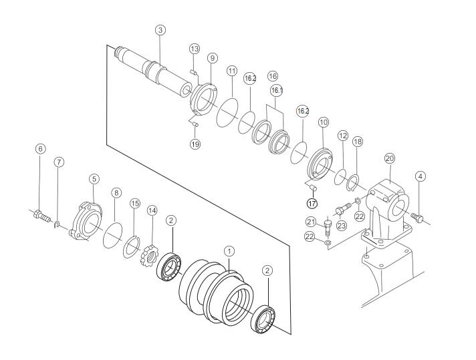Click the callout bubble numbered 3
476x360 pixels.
click(x=160, y=30)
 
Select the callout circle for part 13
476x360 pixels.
click(x=195, y=49)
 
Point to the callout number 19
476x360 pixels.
click(x=195, y=144)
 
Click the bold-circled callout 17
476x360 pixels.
click(x=312, y=203)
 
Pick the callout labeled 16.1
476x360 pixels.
click(x=277, y=89)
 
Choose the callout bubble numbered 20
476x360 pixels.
click(x=390, y=158)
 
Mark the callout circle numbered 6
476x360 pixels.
click(x=41, y=149)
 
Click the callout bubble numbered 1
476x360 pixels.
click(x=229, y=251)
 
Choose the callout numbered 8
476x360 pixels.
click(x=116, y=192)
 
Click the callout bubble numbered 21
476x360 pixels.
click(x=311, y=222)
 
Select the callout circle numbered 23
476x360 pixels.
click(x=343, y=226)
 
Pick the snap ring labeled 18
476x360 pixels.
click(x=354, y=182)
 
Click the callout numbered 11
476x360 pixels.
click(x=232, y=71)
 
